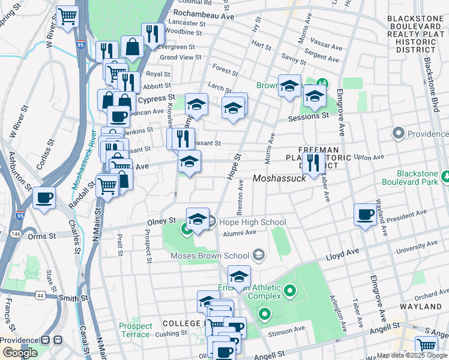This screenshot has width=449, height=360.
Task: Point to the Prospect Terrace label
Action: [x=136, y=330]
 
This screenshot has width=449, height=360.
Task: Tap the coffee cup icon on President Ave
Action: [x=365, y=214]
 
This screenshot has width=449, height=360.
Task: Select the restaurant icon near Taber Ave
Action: [x=313, y=161]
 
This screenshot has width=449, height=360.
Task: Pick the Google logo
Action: [x=20, y=353]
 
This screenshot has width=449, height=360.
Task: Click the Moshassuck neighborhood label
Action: [x=279, y=178]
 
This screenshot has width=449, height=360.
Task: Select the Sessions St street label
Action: [x=308, y=116]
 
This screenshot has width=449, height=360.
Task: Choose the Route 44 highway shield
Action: [x=40, y=295]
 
